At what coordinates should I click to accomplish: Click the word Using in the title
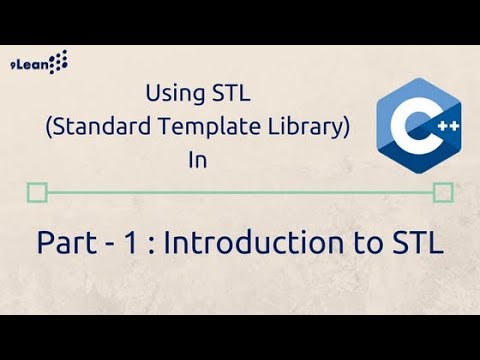pos(172,96)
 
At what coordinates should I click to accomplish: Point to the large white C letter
pos(403,128)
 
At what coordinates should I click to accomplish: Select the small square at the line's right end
pos(442,191)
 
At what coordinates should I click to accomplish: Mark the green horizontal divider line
pos(240,191)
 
